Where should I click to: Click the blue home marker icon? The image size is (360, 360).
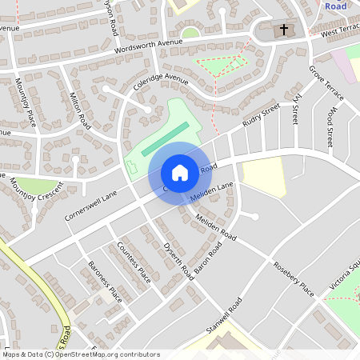click(179, 173)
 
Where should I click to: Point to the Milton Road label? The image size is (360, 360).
click(80, 108)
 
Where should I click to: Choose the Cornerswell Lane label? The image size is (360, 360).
click(91, 206)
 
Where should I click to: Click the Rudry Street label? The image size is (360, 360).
click(262, 116)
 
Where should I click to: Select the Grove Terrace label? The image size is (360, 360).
click(326, 83)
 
